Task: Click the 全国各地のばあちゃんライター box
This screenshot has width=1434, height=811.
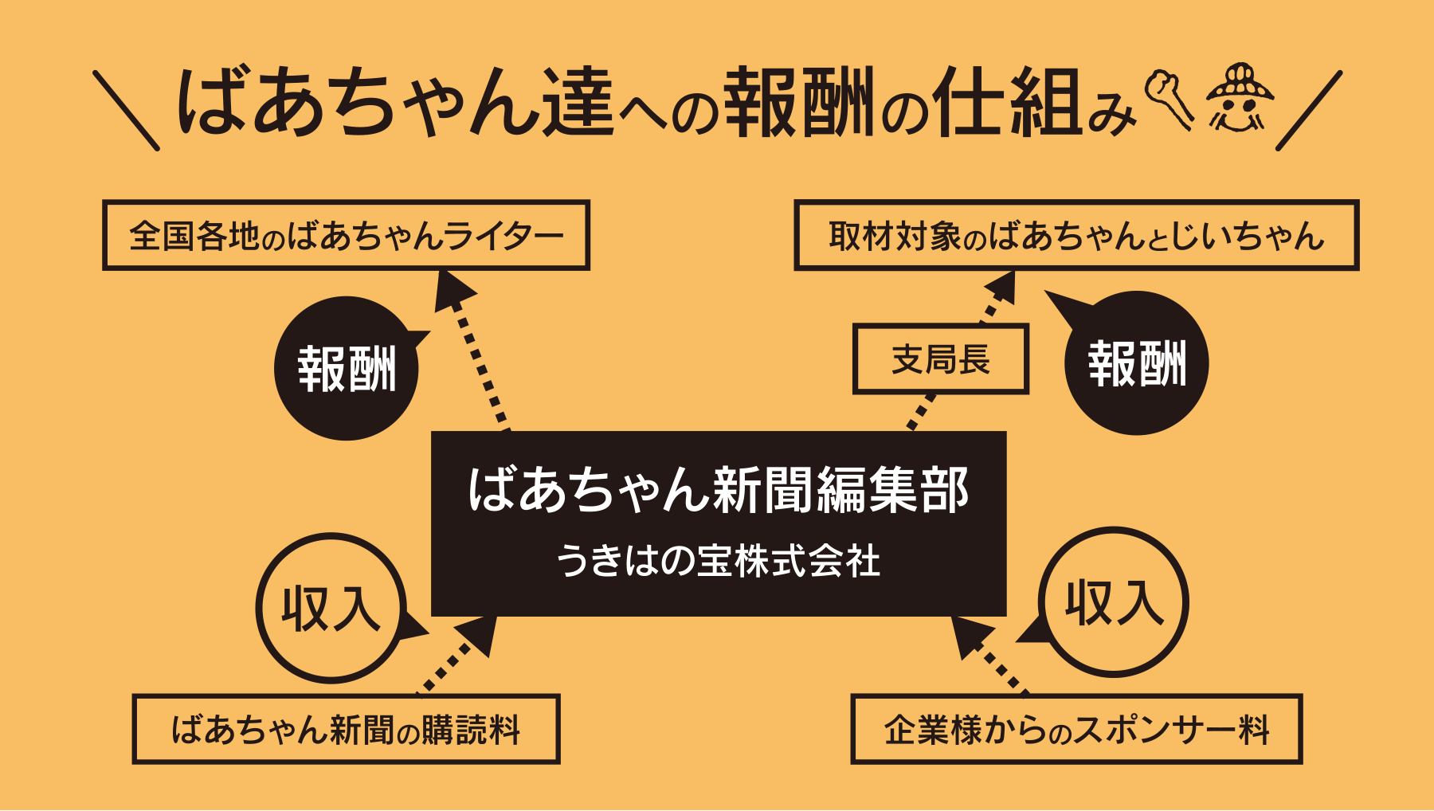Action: [346, 235]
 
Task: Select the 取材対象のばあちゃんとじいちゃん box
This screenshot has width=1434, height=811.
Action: [1075, 235]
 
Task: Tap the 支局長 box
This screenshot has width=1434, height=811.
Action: [940, 359]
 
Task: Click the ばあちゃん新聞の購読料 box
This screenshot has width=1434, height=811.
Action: [346, 729]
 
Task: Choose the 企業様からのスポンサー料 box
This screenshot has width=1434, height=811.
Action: [1075, 729]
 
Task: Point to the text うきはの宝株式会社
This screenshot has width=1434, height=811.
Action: [718, 561]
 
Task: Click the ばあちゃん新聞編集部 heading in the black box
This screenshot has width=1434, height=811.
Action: [718, 489]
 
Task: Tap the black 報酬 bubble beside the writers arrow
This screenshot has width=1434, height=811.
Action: [347, 368]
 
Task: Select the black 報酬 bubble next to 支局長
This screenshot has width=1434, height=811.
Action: [1137, 363]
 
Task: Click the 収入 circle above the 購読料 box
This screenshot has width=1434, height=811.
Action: [331, 608]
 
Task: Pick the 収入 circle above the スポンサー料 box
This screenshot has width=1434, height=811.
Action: [1114, 602]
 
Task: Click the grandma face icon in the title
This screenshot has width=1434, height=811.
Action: [1239, 100]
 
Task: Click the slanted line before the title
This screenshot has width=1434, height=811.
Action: [126, 110]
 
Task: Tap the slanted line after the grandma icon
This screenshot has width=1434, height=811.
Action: [1309, 110]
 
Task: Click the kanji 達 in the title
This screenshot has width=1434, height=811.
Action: [578, 102]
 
